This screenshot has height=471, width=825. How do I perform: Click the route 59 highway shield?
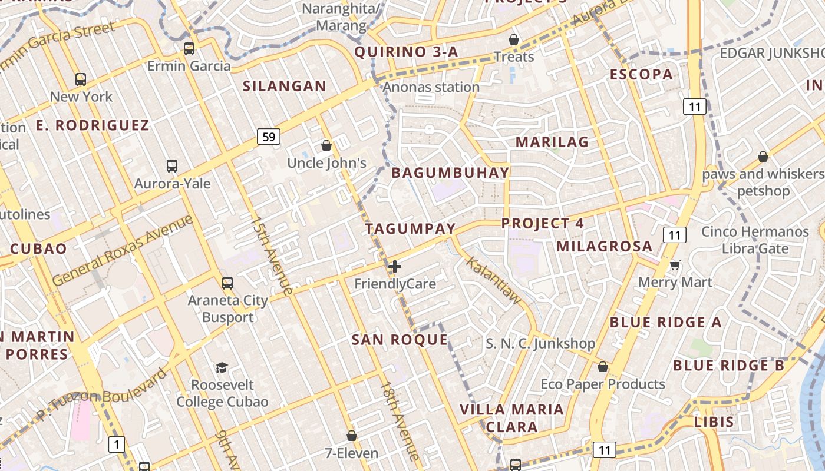[269, 137]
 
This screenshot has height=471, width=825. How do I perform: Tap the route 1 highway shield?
[117, 444]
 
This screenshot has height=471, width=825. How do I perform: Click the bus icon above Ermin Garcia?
[189, 49]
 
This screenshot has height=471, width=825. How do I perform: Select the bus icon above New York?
[81, 79]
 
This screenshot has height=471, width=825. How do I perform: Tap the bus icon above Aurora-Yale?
[172, 166]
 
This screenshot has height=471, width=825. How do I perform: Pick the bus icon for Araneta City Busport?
[227, 283]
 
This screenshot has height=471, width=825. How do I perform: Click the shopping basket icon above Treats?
[514, 39]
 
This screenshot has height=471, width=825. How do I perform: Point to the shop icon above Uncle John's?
[326, 145]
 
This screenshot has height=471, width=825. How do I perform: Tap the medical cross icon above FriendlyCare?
[395, 267]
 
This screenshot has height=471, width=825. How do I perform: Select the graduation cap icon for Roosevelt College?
[222, 367]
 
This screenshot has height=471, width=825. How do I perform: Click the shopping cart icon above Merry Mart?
[675, 265]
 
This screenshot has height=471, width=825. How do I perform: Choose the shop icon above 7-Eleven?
[352, 436]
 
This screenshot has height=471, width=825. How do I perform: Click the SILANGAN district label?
[285, 86]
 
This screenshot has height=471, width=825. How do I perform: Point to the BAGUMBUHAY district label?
[450, 173]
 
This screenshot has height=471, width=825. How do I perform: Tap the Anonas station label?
[431, 87]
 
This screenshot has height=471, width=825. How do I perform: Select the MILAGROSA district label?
[605, 246]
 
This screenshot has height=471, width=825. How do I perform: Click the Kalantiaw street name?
[494, 280]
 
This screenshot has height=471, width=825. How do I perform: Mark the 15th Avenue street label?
[272, 256]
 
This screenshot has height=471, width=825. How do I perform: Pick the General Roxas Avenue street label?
[123, 250]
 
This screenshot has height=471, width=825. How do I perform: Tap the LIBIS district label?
[714, 422]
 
